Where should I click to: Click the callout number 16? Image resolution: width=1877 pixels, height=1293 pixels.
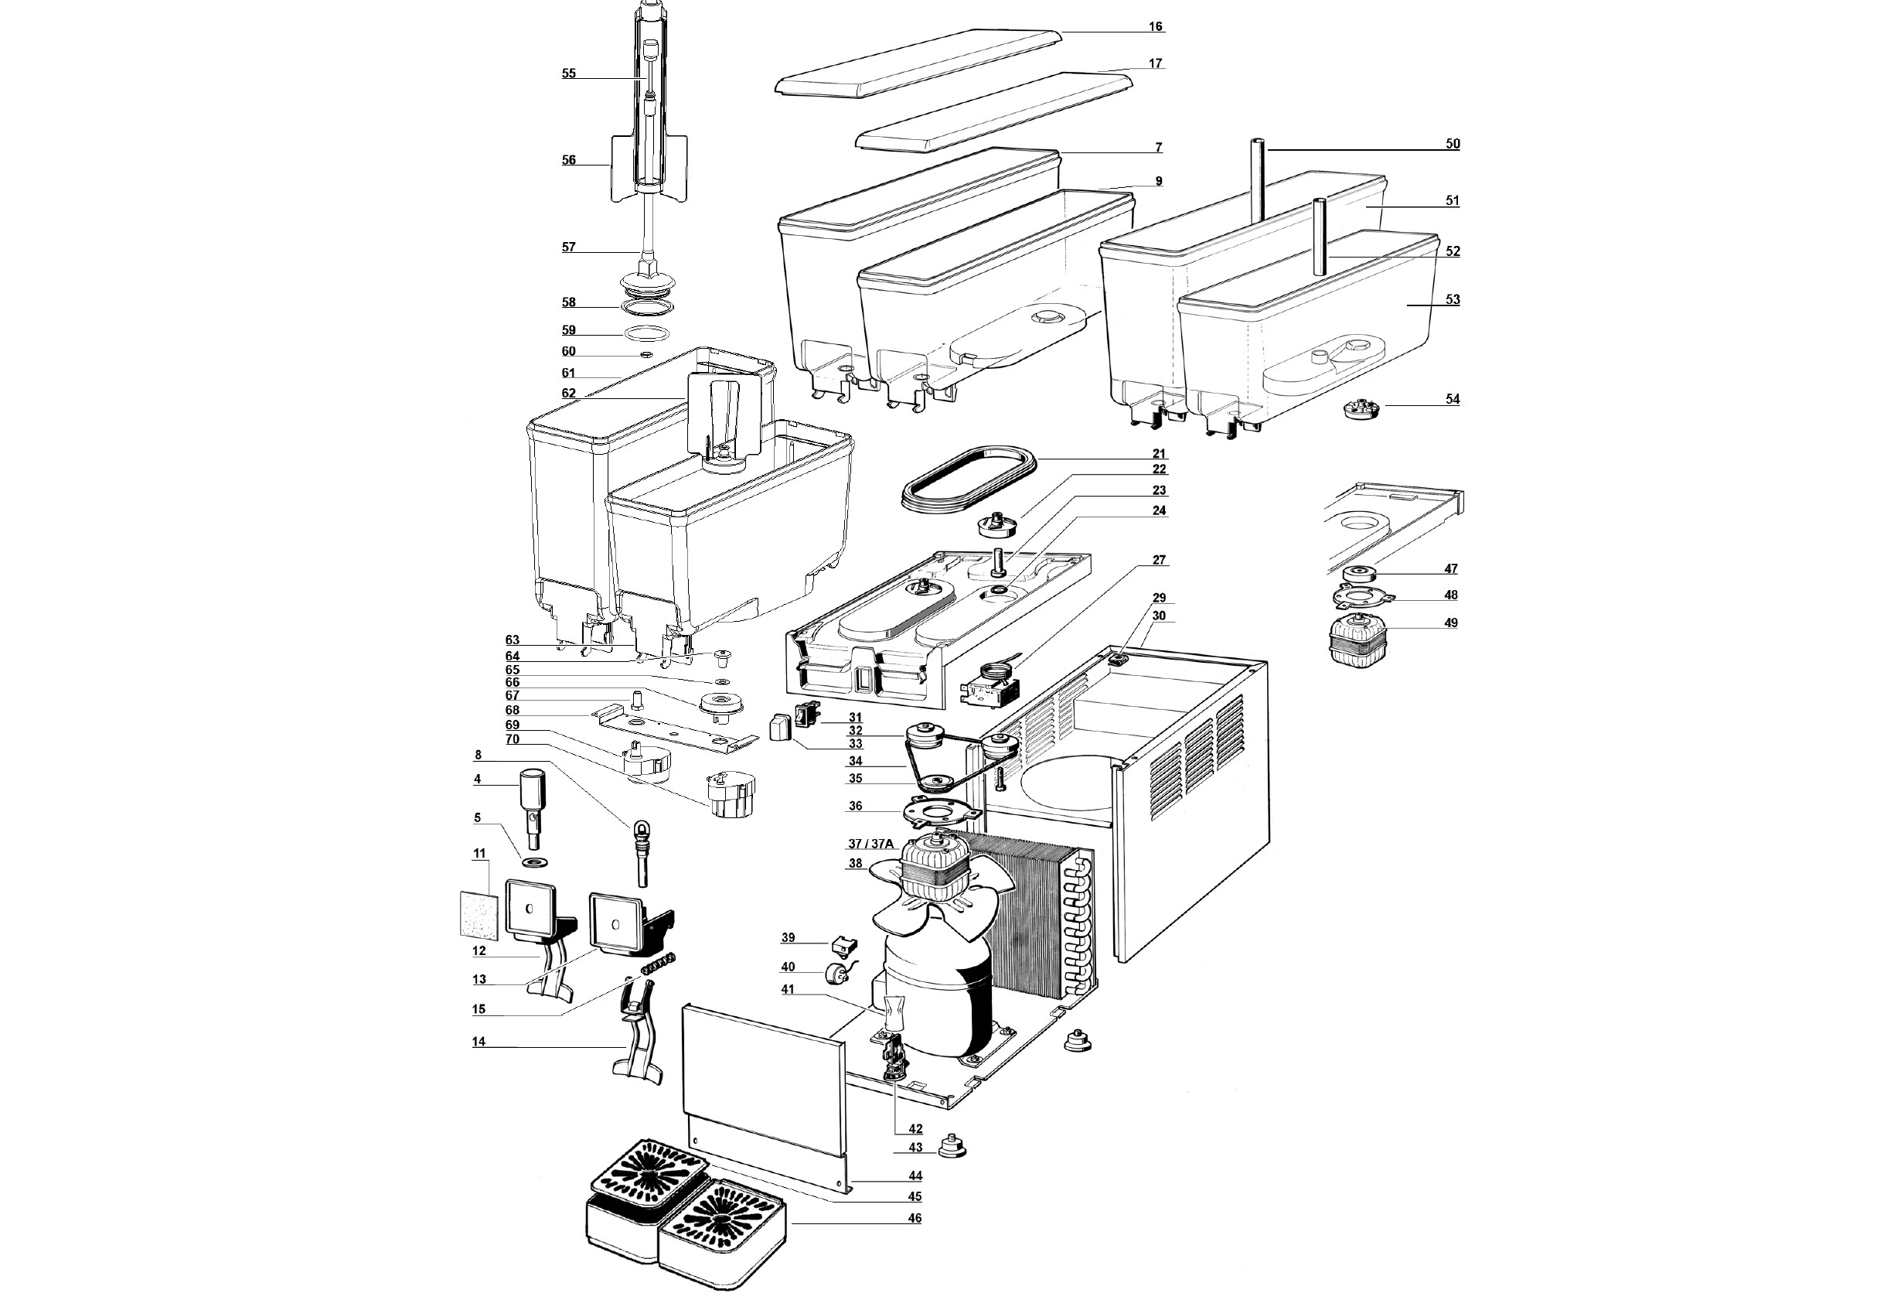[1156, 27]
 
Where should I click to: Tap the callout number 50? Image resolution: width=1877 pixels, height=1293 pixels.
[1453, 143]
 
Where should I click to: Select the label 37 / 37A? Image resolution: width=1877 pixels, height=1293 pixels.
[870, 844]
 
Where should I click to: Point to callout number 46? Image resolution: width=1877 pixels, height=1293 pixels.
[915, 1218]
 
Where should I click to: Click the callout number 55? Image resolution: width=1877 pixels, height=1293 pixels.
[568, 73]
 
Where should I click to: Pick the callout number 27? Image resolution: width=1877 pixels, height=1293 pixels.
[1159, 560]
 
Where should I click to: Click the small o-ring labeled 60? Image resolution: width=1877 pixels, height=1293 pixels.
[646, 355]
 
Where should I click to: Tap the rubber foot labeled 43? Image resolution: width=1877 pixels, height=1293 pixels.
[952, 1146]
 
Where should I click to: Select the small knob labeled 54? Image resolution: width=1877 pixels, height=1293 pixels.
[1361, 408]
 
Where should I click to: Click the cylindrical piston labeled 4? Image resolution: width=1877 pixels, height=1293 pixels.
[531, 797]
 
